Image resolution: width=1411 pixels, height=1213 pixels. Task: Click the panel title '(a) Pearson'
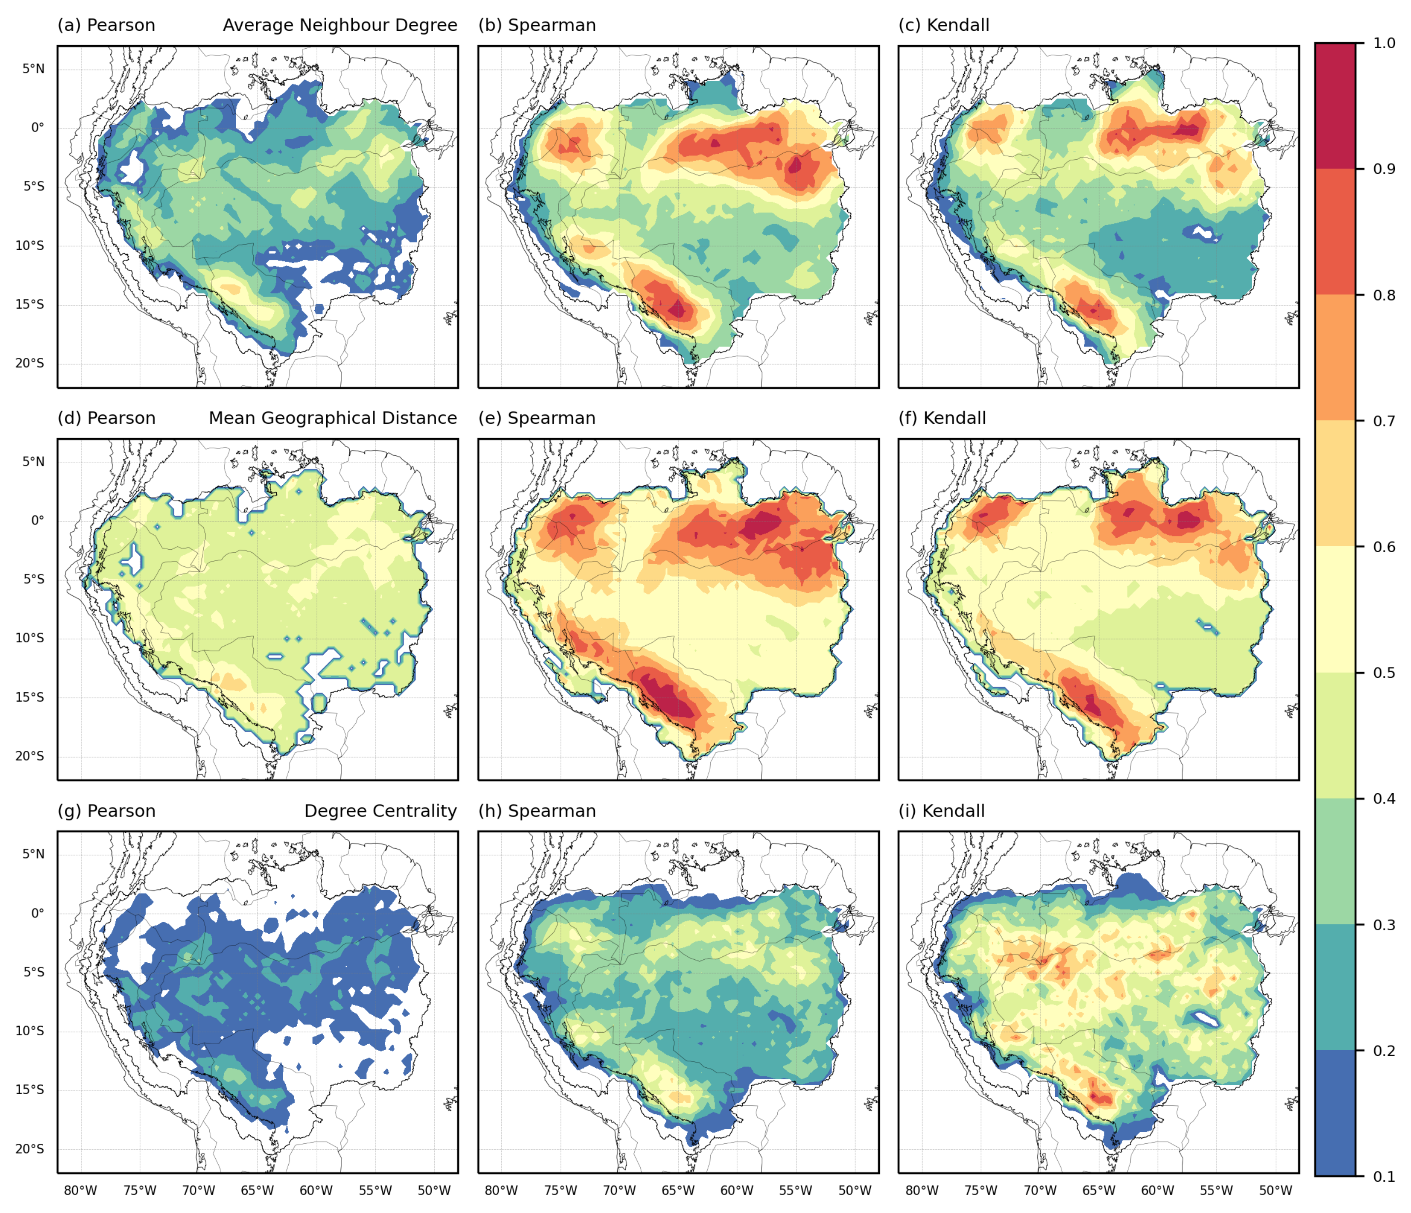coord(106,25)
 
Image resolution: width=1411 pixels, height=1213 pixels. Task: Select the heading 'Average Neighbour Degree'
coord(340,25)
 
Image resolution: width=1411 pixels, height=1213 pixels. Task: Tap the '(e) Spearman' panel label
coord(537,418)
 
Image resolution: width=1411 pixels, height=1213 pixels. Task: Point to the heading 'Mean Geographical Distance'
coord(332,418)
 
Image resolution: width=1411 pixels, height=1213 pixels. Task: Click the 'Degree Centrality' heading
coord(380,811)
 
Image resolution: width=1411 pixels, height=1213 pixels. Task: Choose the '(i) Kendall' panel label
coord(941,811)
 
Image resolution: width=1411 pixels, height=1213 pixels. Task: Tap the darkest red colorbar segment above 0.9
coord(1335,105)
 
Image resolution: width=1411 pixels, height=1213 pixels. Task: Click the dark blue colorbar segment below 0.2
coord(1335,1113)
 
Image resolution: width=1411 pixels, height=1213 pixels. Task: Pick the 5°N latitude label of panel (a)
coord(33,69)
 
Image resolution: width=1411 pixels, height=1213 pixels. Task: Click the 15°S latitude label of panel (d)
coord(30,697)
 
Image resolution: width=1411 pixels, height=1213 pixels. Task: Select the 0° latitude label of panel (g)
coord(38,913)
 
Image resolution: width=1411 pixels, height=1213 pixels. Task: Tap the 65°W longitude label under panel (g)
coord(258,1190)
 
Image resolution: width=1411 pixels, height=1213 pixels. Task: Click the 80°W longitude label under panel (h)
coord(502,1190)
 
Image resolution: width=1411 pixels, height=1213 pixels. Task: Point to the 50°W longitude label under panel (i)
coord(1276,1190)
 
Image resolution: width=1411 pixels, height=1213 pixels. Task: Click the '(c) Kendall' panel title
coord(944,25)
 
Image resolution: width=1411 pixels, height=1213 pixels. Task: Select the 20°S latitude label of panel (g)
coord(30,1149)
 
